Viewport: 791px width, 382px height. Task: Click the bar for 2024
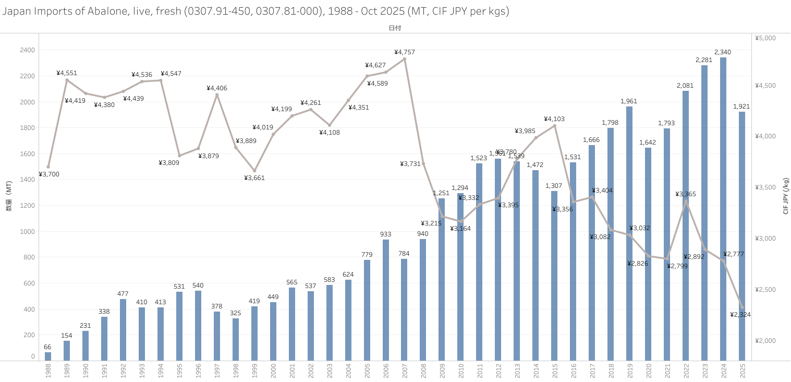point(723,209)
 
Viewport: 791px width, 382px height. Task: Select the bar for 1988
point(48,356)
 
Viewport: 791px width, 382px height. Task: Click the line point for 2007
point(405,59)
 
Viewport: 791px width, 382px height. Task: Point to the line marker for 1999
point(254,171)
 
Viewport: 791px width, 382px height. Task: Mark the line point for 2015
point(554,126)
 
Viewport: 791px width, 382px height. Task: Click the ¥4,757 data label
point(405,52)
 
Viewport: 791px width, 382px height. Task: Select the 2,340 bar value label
point(723,52)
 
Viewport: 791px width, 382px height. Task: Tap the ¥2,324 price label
point(740,315)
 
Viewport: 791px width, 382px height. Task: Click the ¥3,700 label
point(49,174)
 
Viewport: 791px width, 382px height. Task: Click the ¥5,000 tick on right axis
point(765,38)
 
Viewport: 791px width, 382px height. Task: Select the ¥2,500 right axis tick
point(765,290)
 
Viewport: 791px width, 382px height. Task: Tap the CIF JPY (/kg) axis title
point(786,196)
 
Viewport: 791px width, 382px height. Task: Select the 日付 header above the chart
point(395,28)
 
